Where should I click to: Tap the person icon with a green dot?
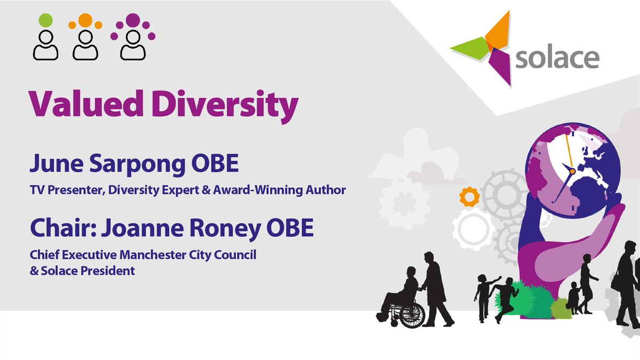tap(46, 40)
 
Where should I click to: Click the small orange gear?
tap(469, 198)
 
